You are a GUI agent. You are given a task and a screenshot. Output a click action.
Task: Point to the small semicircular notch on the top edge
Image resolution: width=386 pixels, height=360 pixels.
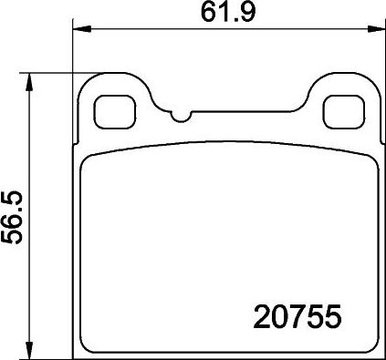click(181, 117)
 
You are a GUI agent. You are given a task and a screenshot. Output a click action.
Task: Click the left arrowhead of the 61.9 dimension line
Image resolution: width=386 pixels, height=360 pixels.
click(80, 29)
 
